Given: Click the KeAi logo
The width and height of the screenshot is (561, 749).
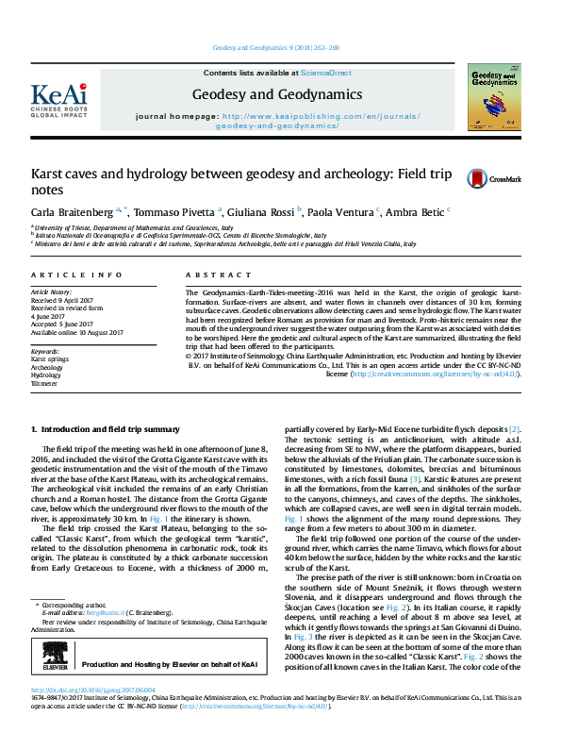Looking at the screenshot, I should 58,97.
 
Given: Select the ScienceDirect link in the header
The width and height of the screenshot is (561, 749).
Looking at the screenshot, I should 325,73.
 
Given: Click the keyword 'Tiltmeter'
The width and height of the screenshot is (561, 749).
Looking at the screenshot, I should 45,384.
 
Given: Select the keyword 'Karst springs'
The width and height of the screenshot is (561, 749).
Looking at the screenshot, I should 51,359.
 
